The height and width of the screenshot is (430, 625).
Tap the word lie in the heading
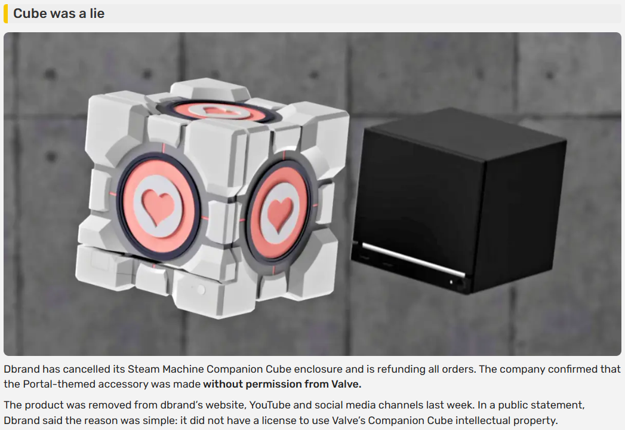pyautogui.click(x=97, y=13)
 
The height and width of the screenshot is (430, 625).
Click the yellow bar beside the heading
pyautogui.click(x=5, y=13)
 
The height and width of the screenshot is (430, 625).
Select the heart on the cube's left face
pyautogui.click(x=159, y=206)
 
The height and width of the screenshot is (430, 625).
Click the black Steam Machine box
pyautogui.click(x=458, y=201)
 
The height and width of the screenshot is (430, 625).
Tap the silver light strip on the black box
pyautogui.click(x=414, y=259)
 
